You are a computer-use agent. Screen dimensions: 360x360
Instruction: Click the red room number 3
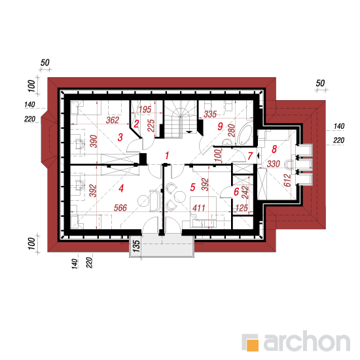coord(120,137)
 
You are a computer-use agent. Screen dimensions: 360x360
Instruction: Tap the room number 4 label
coord(121,189)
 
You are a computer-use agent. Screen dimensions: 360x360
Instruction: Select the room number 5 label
coord(192,187)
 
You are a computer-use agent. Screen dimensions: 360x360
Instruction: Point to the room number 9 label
coord(220,126)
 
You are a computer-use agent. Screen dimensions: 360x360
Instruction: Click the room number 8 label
coord(274,149)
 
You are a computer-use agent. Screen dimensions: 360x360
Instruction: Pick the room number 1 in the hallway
coord(167,155)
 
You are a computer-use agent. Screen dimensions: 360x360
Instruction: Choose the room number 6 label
coord(236,192)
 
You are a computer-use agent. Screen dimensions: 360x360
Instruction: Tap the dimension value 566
coord(120,207)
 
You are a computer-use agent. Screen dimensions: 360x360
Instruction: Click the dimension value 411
coord(198,208)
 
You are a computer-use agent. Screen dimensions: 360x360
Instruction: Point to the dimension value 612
coord(287,180)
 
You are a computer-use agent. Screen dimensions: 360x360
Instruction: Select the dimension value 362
coord(113,120)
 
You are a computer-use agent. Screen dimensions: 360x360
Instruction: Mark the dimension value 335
coord(210,114)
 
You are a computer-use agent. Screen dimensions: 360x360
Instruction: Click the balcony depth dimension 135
coord(136,246)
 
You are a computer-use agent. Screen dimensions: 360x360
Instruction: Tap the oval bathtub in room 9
coord(245,134)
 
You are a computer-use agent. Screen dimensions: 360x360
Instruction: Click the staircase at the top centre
coord(181,119)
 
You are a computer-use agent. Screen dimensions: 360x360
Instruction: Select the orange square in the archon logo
coord(252,345)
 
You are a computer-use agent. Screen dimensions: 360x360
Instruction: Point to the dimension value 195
coord(145,109)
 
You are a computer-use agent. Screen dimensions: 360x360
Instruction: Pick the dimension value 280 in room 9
coord(232,130)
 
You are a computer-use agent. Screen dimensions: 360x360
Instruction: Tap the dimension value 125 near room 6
coord(242,207)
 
